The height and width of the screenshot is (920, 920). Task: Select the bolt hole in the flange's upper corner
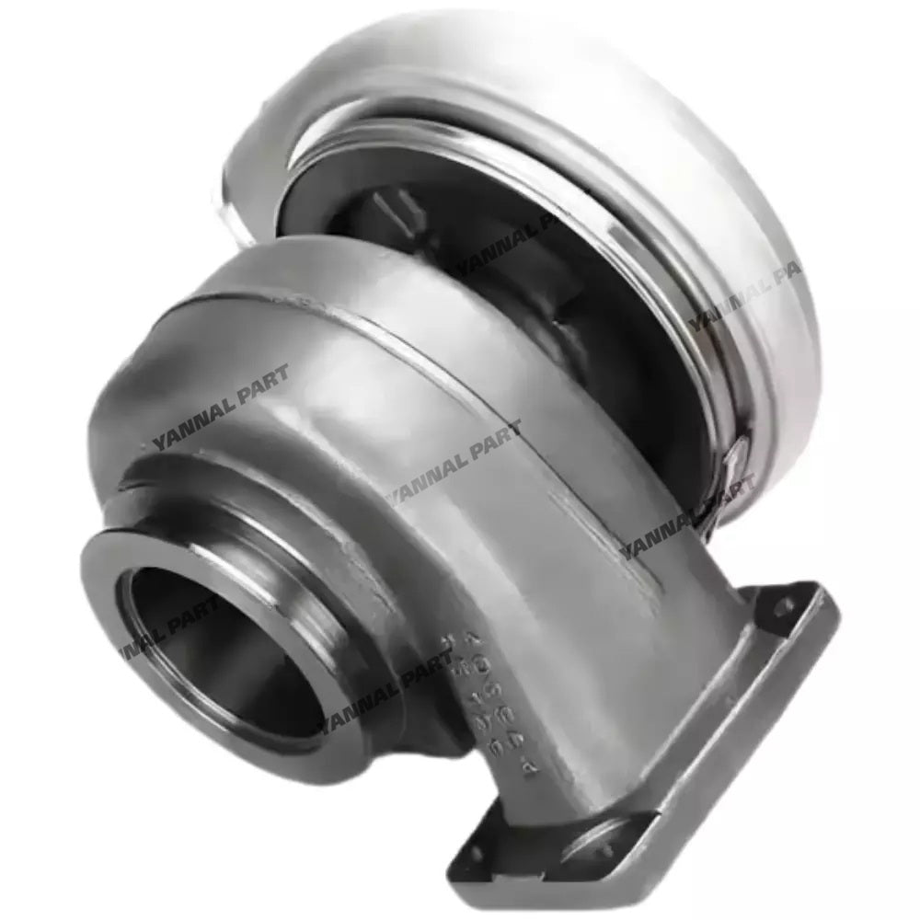(784, 607)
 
